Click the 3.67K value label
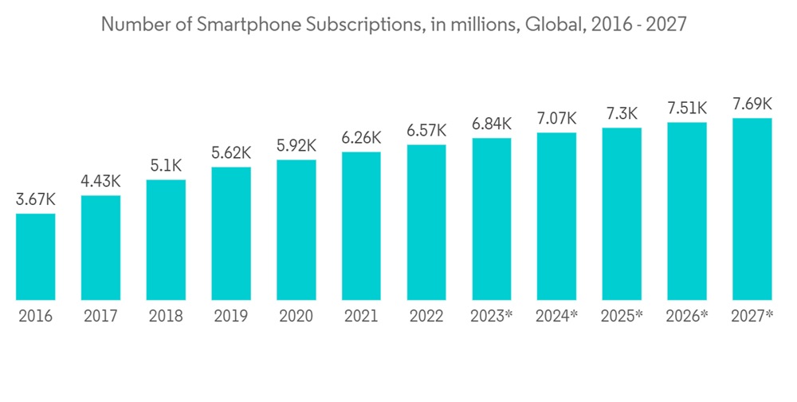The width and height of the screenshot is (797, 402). (36, 199)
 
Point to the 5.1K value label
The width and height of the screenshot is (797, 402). (166, 166)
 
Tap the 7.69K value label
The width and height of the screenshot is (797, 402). (752, 104)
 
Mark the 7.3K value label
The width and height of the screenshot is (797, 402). (622, 114)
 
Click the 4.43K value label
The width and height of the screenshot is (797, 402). (101, 182)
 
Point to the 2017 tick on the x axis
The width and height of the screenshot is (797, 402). (101, 316)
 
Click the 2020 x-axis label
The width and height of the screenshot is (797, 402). (296, 316)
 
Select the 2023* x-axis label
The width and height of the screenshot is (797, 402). (492, 316)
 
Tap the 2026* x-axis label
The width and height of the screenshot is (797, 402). (687, 316)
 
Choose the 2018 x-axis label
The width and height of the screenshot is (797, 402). (166, 316)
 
